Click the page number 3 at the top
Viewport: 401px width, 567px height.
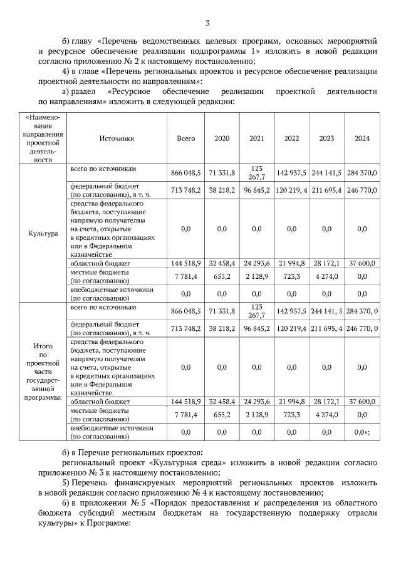point(207,23)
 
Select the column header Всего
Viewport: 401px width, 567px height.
point(186,138)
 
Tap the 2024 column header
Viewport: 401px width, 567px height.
point(362,138)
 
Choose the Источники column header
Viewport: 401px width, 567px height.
point(117,138)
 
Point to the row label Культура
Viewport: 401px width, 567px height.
point(43,233)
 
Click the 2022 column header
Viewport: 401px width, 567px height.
point(291,138)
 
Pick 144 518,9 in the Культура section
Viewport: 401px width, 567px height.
point(186,264)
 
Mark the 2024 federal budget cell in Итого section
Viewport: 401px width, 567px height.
point(362,328)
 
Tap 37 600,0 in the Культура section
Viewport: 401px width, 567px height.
point(362,264)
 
